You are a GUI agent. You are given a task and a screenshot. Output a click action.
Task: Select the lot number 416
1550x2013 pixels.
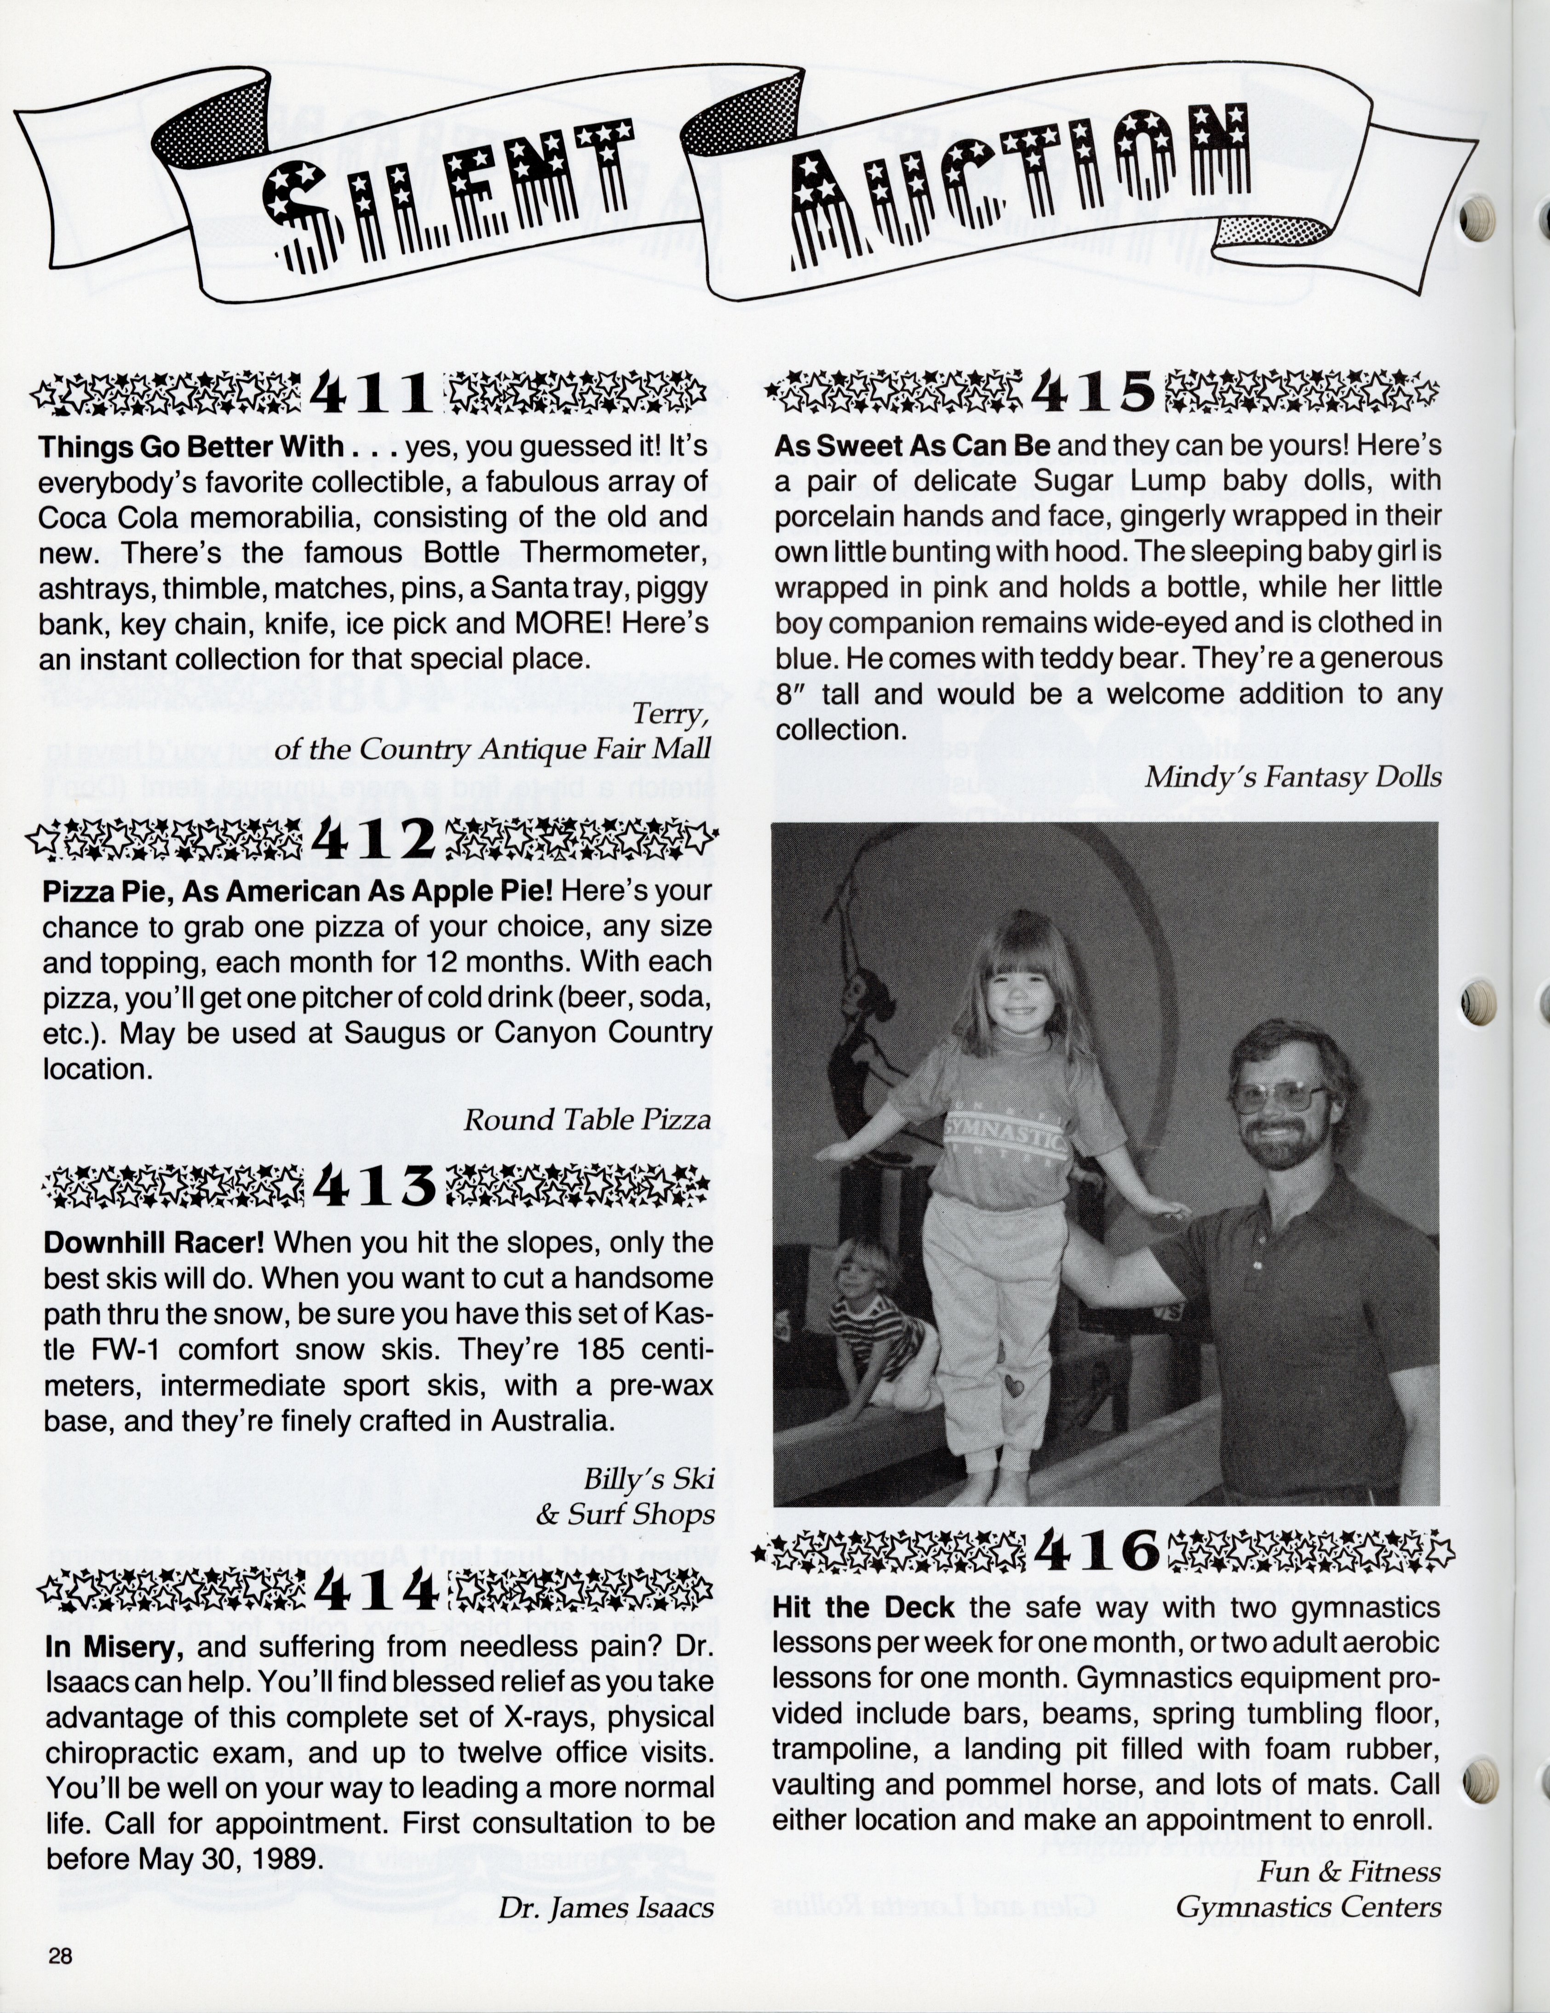1096,1551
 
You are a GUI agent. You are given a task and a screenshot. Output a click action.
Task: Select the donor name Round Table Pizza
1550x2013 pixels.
587,1120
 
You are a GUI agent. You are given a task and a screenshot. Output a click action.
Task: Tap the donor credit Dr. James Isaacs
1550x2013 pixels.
605,1907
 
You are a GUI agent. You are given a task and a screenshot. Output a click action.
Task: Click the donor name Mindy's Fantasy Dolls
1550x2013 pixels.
1292,777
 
